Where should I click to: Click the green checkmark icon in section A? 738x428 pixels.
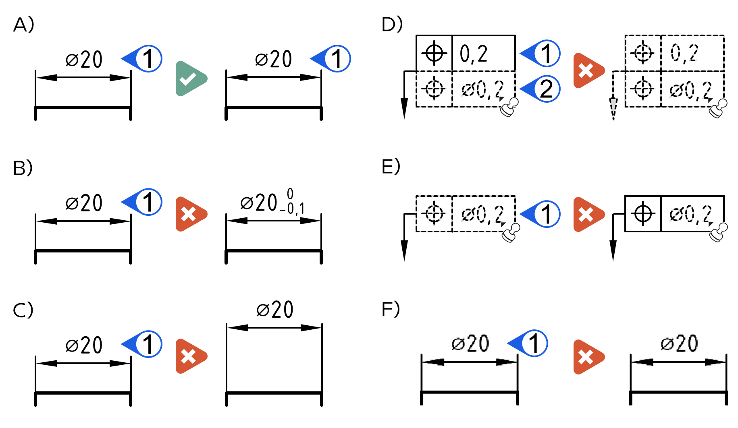click(x=190, y=79)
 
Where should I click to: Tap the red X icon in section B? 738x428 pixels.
click(x=190, y=214)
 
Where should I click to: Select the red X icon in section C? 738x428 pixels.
click(x=190, y=356)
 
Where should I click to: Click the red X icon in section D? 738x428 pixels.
click(x=588, y=70)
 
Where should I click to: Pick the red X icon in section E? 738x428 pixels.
click(x=588, y=215)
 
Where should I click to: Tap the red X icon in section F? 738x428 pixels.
click(x=588, y=357)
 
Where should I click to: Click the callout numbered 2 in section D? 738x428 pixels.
click(x=541, y=89)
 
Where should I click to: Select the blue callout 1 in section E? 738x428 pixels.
click(x=541, y=214)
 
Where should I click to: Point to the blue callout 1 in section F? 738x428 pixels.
click(x=528, y=343)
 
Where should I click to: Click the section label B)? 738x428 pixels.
click(x=23, y=168)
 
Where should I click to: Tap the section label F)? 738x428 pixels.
click(x=391, y=309)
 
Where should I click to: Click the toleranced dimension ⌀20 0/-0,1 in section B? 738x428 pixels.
click(x=272, y=201)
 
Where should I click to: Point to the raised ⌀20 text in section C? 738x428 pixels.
click(x=275, y=310)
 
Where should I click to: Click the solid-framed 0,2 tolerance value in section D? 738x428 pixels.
click(x=474, y=54)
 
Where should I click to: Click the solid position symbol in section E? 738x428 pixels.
click(x=643, y=213)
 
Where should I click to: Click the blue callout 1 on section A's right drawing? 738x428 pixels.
click(x=331, y=58)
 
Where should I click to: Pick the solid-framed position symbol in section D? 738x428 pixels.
click(x=434, y=53)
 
